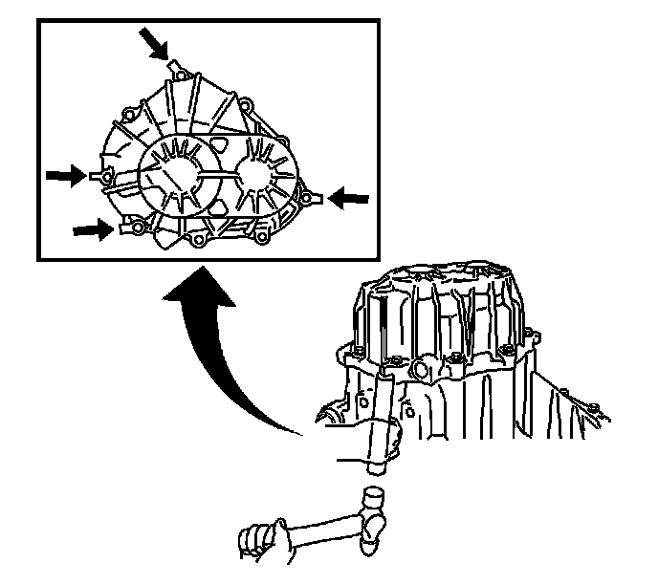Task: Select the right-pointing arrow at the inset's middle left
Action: [64, 175]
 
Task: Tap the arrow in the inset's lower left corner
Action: [91, 228]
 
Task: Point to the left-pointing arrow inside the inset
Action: [348, 196]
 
